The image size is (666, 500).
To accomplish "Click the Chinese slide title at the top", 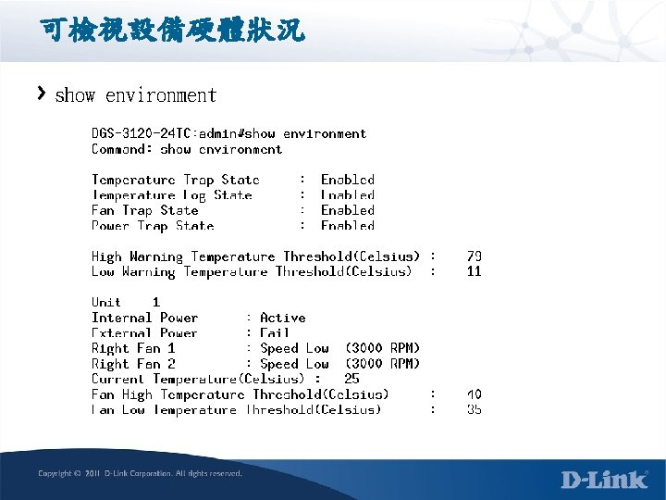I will pos(172,31).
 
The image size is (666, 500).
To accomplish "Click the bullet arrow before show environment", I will pos(42,94).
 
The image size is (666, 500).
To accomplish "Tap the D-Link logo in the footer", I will pos(604,479).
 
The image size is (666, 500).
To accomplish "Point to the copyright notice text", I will pos(140,473).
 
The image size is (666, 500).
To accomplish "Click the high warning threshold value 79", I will pos(474,256).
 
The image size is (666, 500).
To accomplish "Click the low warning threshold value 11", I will pos(474,271).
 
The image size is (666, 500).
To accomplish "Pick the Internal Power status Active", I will pos(283,318).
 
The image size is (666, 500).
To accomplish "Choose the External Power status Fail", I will pos(276,332).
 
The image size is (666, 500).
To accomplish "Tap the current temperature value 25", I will pos(351,379).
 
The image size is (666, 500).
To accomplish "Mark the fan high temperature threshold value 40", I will pos(474,394).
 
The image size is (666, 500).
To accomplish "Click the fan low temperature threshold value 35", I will pos(474,409).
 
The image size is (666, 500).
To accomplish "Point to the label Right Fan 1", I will pos(133,348).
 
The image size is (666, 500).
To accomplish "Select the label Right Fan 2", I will pos(133,364).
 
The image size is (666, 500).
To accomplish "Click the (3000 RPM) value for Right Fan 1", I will pos(382,348).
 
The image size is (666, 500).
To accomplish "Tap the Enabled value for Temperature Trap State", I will pos(347,180).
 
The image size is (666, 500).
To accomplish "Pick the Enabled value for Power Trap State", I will pos(347,225).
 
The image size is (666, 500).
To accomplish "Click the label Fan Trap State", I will pos(144,210).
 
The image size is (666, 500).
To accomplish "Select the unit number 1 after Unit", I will pos(156,302).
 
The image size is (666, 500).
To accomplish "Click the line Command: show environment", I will pos(187,149).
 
